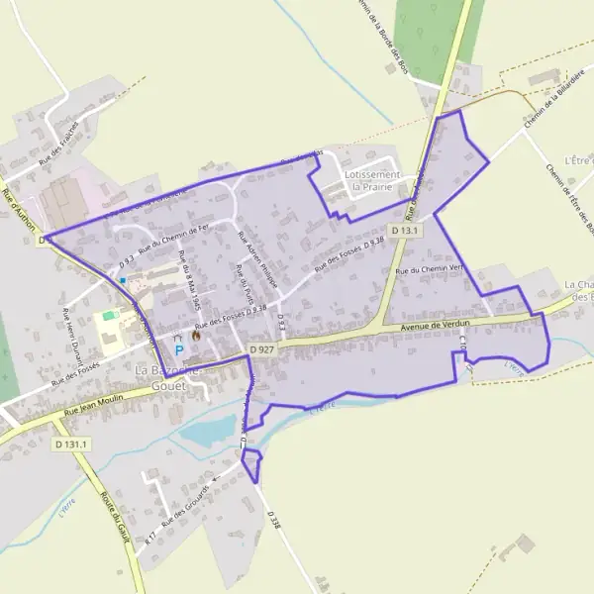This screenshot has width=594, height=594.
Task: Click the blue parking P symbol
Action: [178, 349]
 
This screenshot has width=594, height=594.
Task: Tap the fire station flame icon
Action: [195, 336]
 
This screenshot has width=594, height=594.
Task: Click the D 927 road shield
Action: [261, 349]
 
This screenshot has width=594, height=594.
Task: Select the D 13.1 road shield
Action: [406, 231]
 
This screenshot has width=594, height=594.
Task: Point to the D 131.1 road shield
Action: [72, 445]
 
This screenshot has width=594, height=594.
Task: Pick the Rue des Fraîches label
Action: [58, 148]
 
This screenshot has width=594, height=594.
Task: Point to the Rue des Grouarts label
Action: [187, 505]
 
